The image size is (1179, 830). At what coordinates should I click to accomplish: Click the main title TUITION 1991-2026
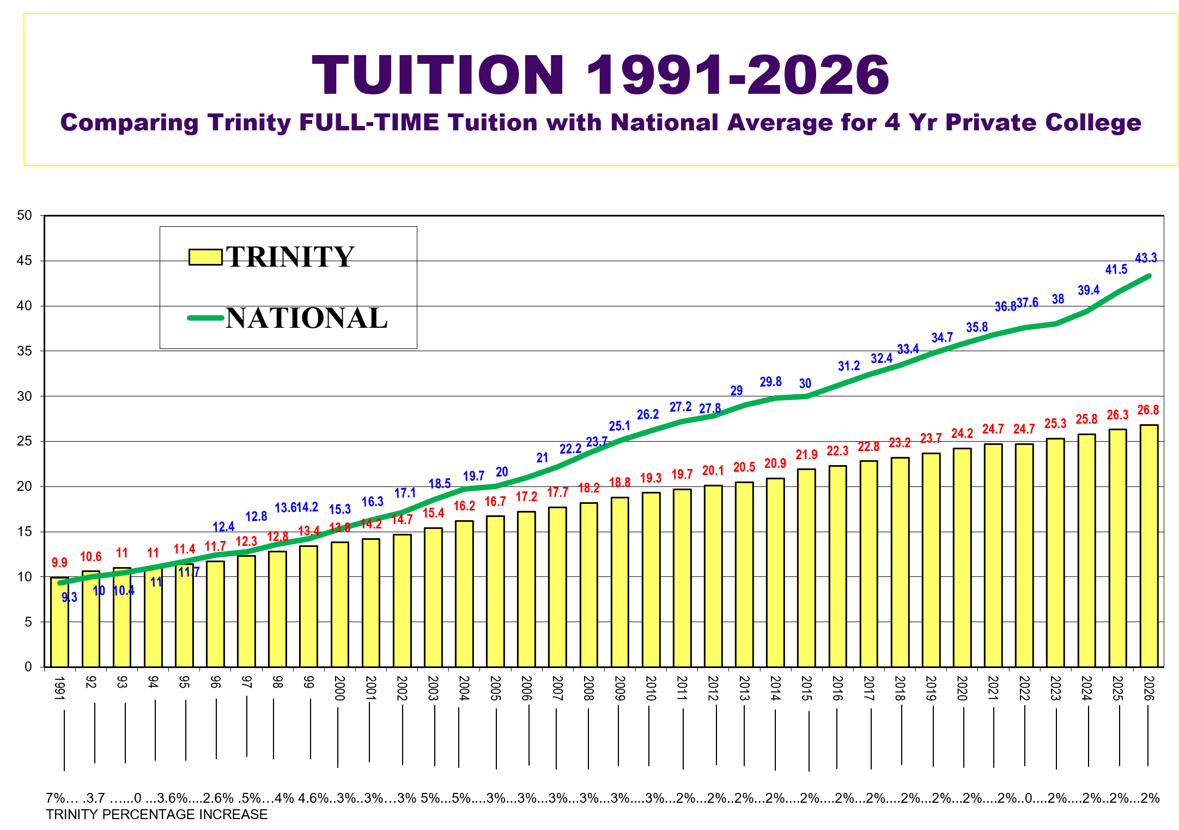[x=600, y=75]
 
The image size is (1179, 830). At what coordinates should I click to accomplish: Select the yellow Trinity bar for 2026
[x=1149, y=545]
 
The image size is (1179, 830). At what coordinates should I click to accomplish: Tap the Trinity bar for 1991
[x=60, y=622]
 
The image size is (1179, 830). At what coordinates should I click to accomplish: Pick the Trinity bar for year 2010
[x=651, y=579]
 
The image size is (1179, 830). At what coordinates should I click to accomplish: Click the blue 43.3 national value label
[x=1146, y=258]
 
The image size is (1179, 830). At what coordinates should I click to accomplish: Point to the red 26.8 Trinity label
[x=1148, y=410]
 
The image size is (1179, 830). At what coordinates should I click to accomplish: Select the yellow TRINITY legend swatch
[x=205, y=257]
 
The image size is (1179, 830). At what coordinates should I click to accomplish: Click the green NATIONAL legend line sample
[x=205, y=318]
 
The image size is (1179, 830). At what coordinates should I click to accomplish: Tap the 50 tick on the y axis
[x=25, y=215]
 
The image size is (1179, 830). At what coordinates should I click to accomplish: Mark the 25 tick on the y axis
[x=25, y=441]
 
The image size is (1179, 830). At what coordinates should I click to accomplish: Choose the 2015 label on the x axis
[x=806, y=688]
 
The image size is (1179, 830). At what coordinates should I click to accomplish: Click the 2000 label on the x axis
[x=339, y=688]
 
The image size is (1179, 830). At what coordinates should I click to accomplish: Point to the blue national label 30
[x=805, y=384]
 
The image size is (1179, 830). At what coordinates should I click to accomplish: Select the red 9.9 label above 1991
[x=59, y=563]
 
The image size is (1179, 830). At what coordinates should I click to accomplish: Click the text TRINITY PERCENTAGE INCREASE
[x=157, y=815]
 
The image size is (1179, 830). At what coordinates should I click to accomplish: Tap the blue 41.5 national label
[x=1116, y=269]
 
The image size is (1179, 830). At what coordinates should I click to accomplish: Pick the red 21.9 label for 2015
[x=806, y=455]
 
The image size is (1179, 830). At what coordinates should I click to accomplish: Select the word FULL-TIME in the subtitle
[x=369, y=123]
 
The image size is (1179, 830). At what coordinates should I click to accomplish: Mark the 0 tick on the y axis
[x=28, y=667]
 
